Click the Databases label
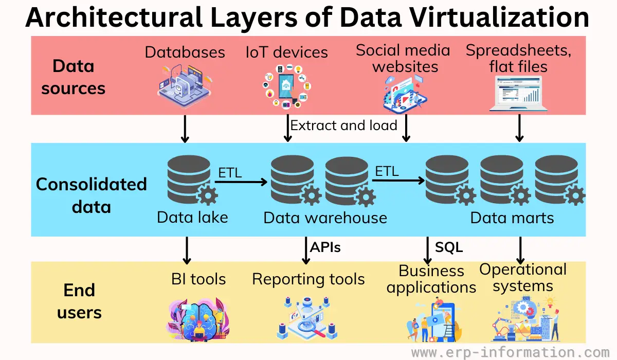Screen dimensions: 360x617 [185, 52]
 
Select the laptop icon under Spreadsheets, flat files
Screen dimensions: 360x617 [518, 94]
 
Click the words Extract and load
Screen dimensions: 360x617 [343, 125]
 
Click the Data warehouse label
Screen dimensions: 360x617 [325, 218]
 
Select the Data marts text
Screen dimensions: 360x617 [512, 218]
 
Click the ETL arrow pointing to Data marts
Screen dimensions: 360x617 [396, 181]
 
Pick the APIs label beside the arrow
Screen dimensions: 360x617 [325, 247]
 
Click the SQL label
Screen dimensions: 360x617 [449, 247]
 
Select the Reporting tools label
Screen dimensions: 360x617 [308, 279]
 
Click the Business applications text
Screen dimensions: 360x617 [431, 279]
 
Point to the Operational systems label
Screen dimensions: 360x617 [523, 277]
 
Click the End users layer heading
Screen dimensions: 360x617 [79, 301]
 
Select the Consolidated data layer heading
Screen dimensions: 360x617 [91, 195]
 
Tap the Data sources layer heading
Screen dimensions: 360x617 [73, 77]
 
